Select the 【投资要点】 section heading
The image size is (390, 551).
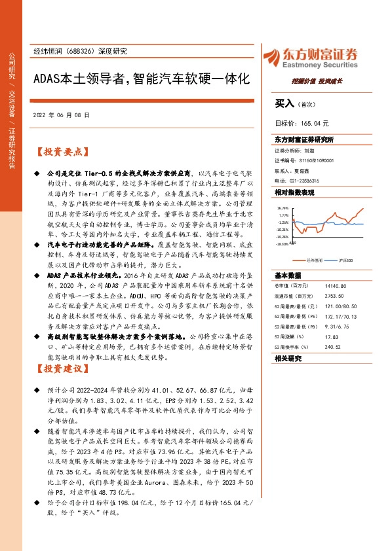[61, 152]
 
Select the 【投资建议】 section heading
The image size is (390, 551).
[61, 368]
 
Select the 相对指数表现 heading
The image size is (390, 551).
[294, 192]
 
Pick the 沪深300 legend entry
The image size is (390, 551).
[345, 260]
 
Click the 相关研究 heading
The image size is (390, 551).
[288, 359]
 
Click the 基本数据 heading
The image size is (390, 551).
[288, 275]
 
